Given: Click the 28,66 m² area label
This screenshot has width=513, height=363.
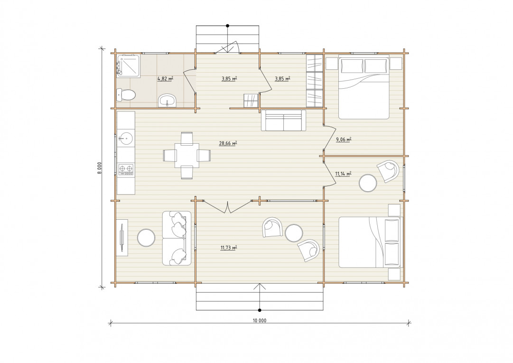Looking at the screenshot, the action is pos(228,143).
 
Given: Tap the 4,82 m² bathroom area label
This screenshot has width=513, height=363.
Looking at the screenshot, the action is pos(165,78).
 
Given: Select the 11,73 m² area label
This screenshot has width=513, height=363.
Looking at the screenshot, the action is pos(228,248).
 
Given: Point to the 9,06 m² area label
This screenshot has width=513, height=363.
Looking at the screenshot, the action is pos(344,140).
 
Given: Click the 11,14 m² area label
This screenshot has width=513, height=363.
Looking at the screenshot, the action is pos(343,174).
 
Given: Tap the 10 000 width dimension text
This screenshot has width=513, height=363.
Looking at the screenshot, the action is pos(260,320).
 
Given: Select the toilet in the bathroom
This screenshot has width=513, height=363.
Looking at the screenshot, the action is pos(126,95).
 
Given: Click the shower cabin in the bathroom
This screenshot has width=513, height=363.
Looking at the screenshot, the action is pos(129,66).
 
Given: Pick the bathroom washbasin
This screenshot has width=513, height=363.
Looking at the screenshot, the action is pos(168,101).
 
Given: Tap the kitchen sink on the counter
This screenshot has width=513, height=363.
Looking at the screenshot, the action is pos(126,139).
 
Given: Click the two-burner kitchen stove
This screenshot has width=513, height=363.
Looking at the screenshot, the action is pos(126,169).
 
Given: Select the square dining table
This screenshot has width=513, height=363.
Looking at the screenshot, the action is pos(187,155).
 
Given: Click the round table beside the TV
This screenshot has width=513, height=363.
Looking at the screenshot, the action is pos(146,238).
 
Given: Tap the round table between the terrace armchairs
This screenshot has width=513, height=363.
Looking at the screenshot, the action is pos(293,233).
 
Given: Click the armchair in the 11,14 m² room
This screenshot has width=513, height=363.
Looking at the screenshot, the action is pos(388,171).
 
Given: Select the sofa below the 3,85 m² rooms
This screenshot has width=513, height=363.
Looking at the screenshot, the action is pos(283,121).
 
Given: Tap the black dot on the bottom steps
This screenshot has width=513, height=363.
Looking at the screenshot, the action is pos(260,310).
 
